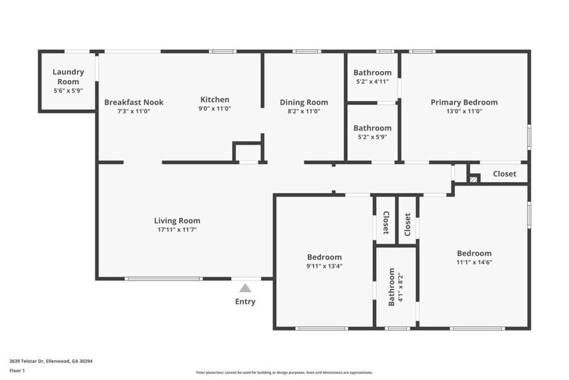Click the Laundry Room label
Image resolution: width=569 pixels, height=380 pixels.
66,77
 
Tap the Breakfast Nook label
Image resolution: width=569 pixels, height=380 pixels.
134,102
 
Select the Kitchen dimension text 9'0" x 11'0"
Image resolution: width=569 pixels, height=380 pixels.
215,109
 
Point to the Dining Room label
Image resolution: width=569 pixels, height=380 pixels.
304,102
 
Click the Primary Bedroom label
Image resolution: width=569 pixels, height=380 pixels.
464,102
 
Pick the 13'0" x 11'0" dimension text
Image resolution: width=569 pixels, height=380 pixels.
464,111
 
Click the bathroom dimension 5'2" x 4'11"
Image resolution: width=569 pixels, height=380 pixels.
372,81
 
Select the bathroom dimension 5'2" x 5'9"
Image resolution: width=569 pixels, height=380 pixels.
372,137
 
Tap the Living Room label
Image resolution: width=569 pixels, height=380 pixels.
177,221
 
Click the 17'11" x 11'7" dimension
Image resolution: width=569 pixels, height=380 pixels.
177,230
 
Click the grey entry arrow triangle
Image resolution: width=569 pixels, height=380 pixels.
245,288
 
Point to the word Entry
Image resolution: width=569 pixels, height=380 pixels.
245,302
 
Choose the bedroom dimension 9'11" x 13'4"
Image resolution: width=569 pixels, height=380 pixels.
324,266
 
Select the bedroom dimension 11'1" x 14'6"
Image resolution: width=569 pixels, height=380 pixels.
474,262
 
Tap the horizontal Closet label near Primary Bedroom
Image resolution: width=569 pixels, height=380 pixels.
504,174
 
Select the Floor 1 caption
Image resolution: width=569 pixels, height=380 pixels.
17,370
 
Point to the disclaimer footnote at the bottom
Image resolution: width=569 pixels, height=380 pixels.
284,372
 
